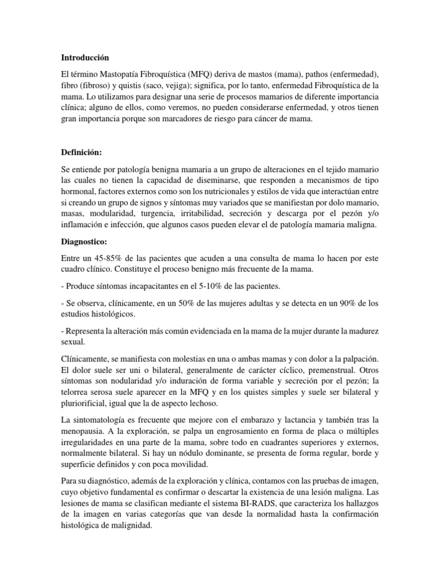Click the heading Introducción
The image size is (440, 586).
click(x=85, y=58)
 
